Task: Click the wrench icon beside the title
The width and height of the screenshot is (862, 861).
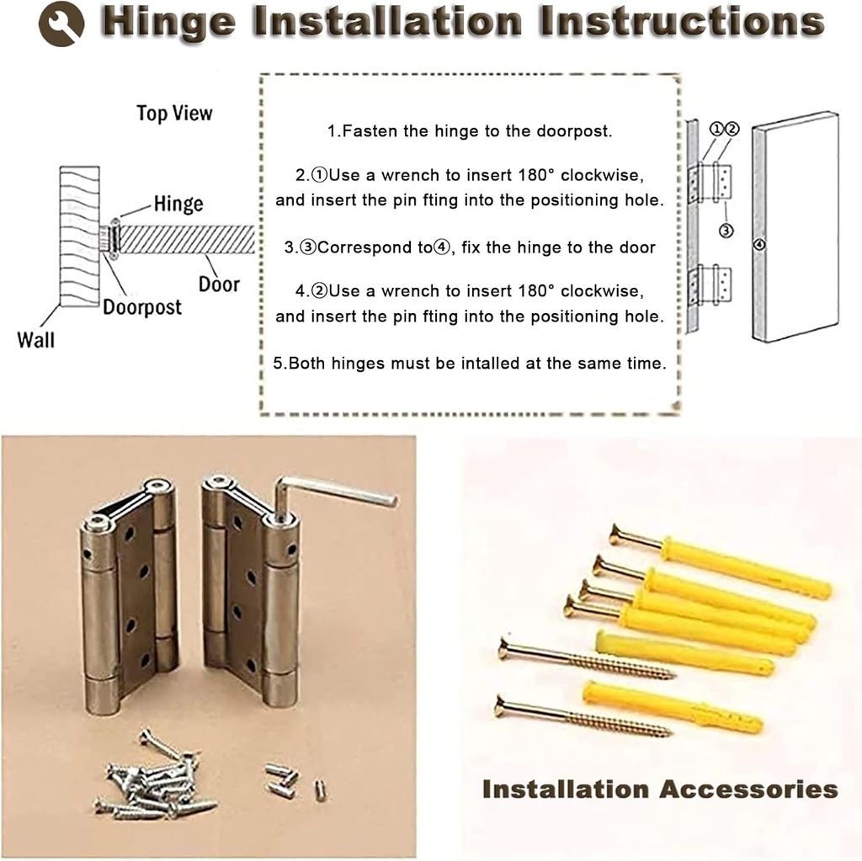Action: click(x=61, y=24)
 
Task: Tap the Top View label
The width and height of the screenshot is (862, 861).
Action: click(x=175, y=114)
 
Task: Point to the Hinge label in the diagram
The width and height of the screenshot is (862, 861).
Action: click(x=178, y=204)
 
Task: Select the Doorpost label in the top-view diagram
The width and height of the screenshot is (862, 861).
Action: click(x=142, y=307)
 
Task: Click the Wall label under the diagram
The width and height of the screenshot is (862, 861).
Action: click(x=36, y=339)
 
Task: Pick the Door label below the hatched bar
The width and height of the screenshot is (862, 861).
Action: click(x=219, y=284)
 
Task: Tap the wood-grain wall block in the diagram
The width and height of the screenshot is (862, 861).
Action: click(x=80, y=236)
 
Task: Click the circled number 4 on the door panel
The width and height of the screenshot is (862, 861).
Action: click(x=759, y=245)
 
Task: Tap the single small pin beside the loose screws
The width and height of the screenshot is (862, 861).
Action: click(x=320, y=789)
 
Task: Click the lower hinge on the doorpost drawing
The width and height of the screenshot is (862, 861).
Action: click(x=707, y=286)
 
